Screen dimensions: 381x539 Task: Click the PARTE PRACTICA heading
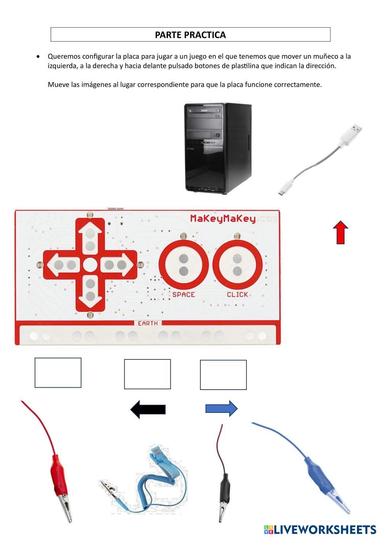point(190,35)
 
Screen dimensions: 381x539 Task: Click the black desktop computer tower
point(218,149)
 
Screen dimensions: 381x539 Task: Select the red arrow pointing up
point(340,232)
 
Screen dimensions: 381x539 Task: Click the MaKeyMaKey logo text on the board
point(223,219)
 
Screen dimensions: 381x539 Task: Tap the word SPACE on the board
point(184,295)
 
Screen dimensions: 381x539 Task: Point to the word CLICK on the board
point(237,295)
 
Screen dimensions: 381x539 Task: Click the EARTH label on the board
point(148,323)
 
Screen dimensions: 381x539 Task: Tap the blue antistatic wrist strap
point(143,480)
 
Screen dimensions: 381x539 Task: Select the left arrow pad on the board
point(63,265)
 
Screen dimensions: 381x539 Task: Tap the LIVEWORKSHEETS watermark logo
point(320,529)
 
